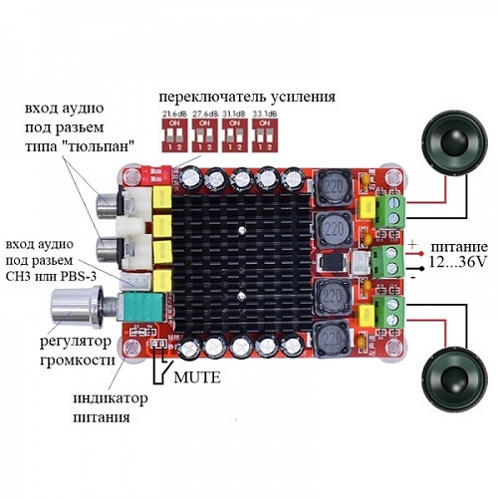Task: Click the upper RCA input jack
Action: pyautogui.click(x=108, y=210)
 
